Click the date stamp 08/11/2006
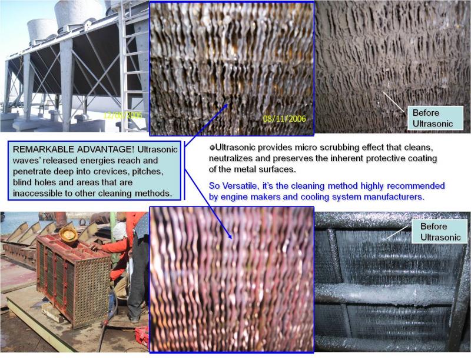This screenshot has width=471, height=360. click(284, 118)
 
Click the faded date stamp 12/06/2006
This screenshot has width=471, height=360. click(122, 115)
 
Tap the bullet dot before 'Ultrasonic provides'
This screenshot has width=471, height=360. click(212, 148)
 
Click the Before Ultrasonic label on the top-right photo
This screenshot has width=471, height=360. click(435, 118)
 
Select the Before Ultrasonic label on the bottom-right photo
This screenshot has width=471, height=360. click(439, 232)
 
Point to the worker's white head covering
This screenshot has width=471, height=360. click(120, 231)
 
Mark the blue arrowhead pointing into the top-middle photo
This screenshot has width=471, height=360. click(226, 106)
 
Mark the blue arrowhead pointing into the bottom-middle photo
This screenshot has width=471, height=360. click(230, 235)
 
